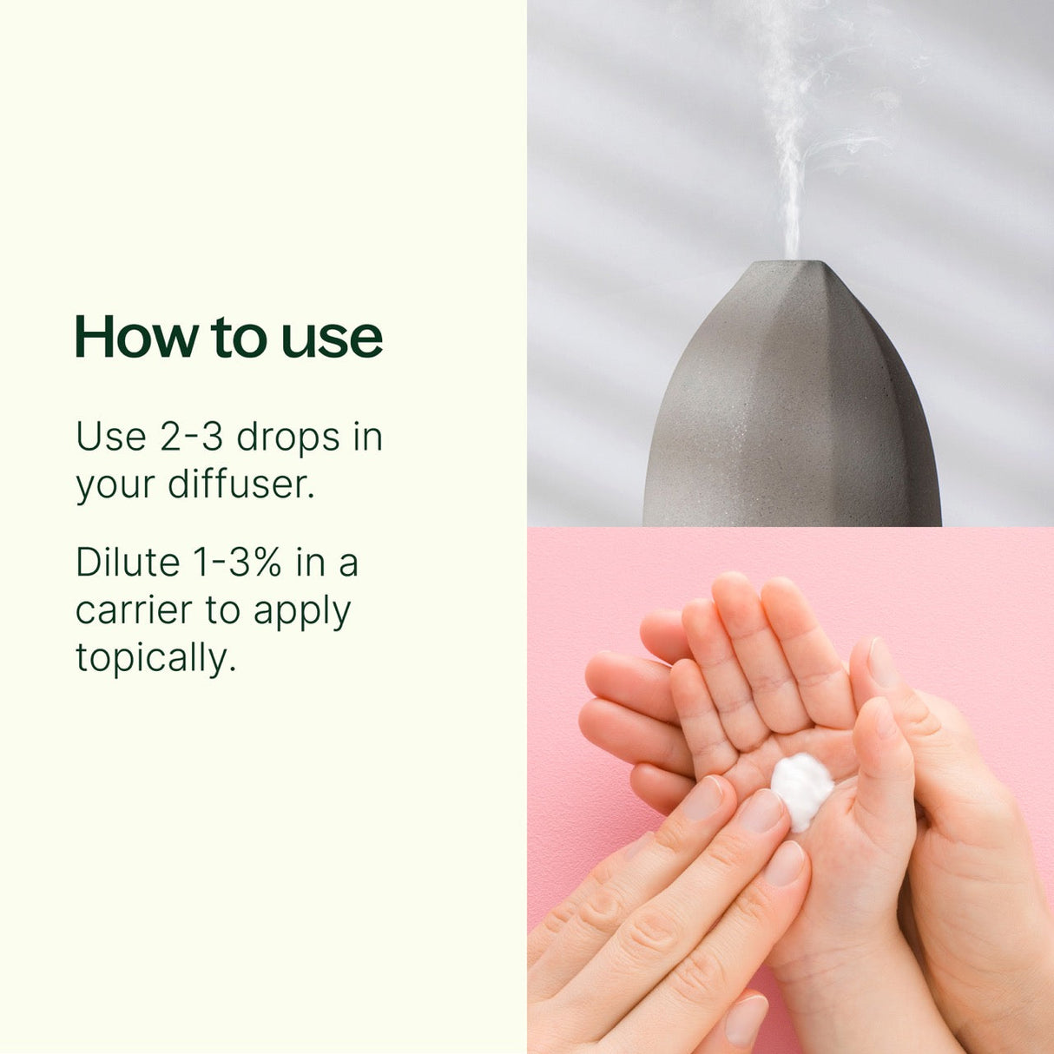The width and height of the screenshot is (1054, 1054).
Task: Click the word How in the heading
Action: pyautogui.click(x=136, y=337)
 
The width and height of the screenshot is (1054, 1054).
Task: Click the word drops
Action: pyautogui.click(x=288, y=438)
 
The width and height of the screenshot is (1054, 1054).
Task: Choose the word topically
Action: pyautogui.click(x=155, y=659)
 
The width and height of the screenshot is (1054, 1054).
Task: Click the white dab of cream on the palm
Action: pyautogui.click(x=801, y=788)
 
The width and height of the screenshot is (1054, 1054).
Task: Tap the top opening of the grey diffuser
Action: pyautogui.click(x=791, y=262)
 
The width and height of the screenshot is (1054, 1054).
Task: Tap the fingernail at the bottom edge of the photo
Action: pyautogui.click(x=746, y=1019)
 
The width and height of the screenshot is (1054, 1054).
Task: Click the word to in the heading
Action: pyautogui.click(x=235, y=338)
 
